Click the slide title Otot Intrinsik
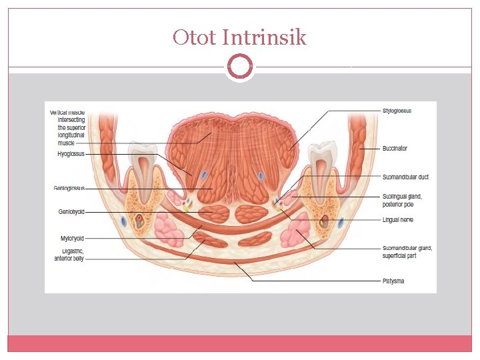pyautogui.click(x=239, y=37)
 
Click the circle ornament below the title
pyautogui.click(x=240, y=67)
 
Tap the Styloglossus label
pyautogui.click(x=397, y=111)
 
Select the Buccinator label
pyautogui.click(x=395, y=148)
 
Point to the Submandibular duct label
pyautogui.click(x=405, y=177)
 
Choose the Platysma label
pyautogui.click(x=393, y=281)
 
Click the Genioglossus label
pyautogui.click(x=69, y=189)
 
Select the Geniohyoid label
pyautogui.click(x=71, y=212)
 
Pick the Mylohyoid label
pyautogui.click(x=71, y=238)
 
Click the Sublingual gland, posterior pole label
pyautogui.click(x=402, y=200)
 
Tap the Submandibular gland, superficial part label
pyautogui.click(x=407, y=251)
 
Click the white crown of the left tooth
pyautogui.click(x=141, y=157)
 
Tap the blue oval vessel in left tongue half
pyautogui.click(x=204, y=175)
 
